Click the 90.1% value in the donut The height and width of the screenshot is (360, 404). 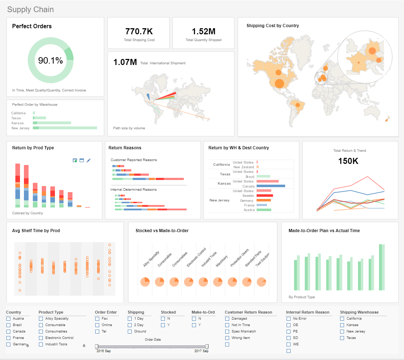tap(50, 61)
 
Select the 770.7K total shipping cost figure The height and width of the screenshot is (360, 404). tap(139, 31)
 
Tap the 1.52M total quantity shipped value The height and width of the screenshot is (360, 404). tap(203, 31)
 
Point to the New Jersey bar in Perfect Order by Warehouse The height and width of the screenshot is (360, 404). tap(65, 128)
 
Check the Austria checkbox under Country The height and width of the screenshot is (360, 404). tap(9, 319)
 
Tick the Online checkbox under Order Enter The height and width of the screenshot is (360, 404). tap(97, 325)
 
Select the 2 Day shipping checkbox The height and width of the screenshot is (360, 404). tap(130, 325)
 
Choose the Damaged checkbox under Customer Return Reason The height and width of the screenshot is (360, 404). tap(227, 319)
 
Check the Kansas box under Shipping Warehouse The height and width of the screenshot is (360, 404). tap(342, 325)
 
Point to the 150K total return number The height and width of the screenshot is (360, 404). tap(348, 161)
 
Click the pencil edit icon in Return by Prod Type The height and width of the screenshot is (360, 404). tap(89, 160)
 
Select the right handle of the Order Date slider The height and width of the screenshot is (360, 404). tap(207, 346)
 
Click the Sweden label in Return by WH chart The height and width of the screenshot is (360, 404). tap(248, 196)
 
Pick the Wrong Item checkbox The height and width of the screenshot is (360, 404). tap(227, 338)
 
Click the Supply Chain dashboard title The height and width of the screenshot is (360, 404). tap(30, 10)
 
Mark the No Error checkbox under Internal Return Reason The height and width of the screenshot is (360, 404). tap(289, 319)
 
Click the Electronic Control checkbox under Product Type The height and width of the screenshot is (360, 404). tap(41, 338)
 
